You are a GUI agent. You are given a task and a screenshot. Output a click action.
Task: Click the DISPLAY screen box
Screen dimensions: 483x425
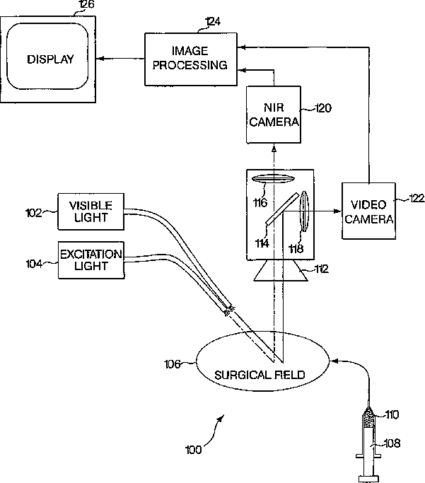click(x=50, y=59)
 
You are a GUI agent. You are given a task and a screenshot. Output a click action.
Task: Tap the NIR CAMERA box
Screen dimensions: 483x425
click(x=274, y=115)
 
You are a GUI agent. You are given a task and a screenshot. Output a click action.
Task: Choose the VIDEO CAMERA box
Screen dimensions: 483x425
click(x=368, y=211)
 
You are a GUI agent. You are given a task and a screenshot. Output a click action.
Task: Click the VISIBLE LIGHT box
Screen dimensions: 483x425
click(x=89, y=211)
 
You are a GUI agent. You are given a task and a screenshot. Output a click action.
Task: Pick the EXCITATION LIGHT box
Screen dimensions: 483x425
click(x=91, y=260)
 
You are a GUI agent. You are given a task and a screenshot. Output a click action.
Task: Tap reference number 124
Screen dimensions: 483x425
click(x=211, y=22)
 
